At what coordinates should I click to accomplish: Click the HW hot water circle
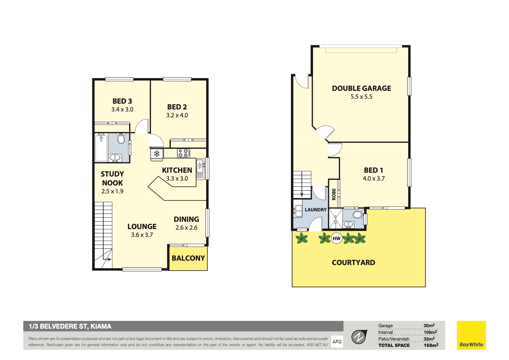(x=336, y=239)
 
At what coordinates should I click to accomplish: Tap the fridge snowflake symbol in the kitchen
(x=157, y=154)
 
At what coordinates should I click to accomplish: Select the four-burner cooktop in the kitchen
(x=184, y=153)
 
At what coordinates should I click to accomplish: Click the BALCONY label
(x=188, y=258)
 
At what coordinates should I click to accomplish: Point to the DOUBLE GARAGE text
(x=361, y=88)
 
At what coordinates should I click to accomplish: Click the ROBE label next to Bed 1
(x=334, y=194)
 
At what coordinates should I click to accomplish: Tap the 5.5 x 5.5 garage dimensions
(x=361, y=97)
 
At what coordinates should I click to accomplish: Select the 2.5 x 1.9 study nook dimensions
(x=112, y=191)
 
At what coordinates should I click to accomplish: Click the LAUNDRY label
(x=316, y=210)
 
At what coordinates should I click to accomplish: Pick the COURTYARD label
(x=353, y=262)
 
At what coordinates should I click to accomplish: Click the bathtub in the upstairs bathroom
(x=101, y=147)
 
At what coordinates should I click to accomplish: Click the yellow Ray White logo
(x=471, y=335)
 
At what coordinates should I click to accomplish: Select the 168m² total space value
(x=431, y=345)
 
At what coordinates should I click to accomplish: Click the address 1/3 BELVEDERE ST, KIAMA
(x=70, y=326)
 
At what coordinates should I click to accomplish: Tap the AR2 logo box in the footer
(x=337, y=342)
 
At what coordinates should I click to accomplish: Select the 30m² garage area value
(x=429, y=326)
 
